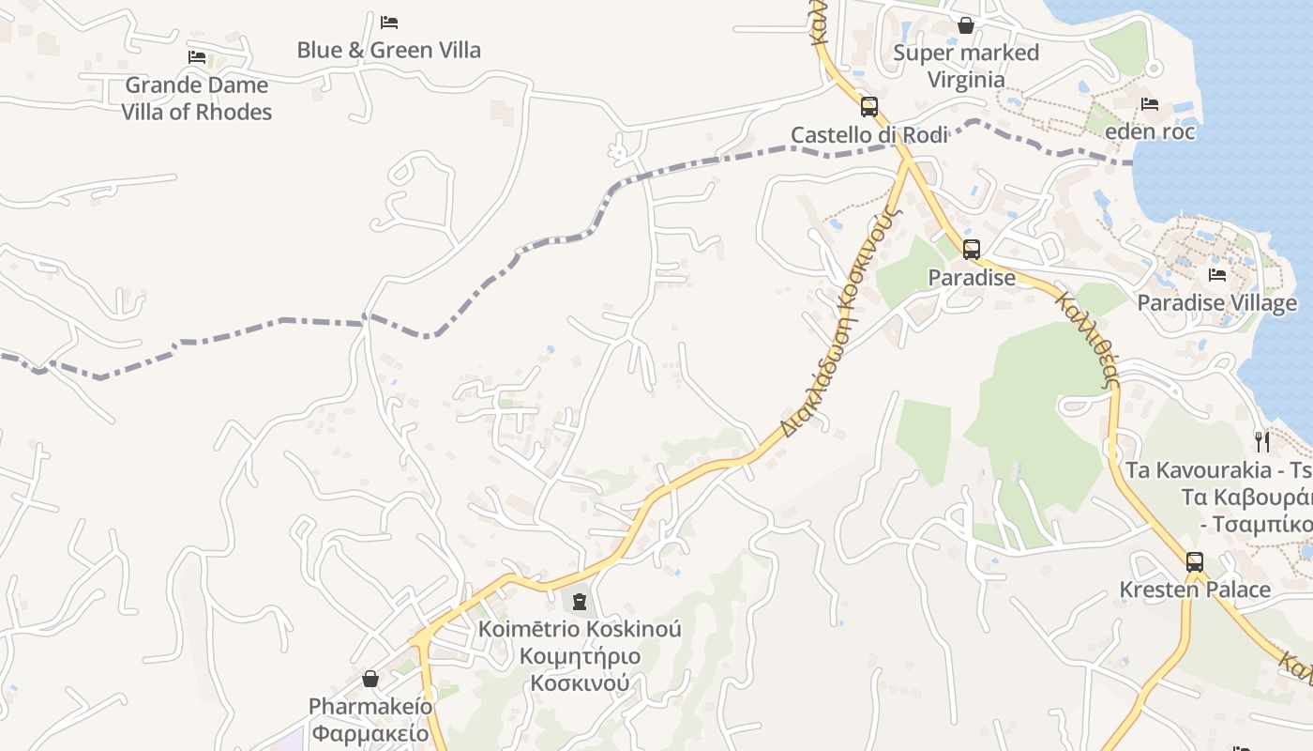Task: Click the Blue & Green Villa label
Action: tap(388, 50)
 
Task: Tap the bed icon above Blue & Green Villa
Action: tap(389, 22)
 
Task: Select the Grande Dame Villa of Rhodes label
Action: tap(197, 99)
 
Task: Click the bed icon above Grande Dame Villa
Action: tap(197, 56)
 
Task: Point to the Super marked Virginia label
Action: tap(966, 66)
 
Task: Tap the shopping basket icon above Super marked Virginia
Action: tap(966, 24)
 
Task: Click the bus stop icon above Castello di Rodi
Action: tap(869, 106)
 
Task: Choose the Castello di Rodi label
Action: tap(869, 135)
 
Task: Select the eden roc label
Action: tap(1150, 131)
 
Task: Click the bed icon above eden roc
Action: tap(1150, 103)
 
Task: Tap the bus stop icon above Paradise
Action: tap(972, 250)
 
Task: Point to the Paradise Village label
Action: tap(1217, 302)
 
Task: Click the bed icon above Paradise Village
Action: tap(1217, 275)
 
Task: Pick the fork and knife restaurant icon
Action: tap(1262, 440)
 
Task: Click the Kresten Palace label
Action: tap(1195, 590)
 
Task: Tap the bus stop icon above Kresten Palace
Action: tap(1195, 562)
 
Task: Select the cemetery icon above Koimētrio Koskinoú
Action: tap(580, 601)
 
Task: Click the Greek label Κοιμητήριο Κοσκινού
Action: tap(580, 669)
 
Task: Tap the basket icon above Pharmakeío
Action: tap(370, 679)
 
